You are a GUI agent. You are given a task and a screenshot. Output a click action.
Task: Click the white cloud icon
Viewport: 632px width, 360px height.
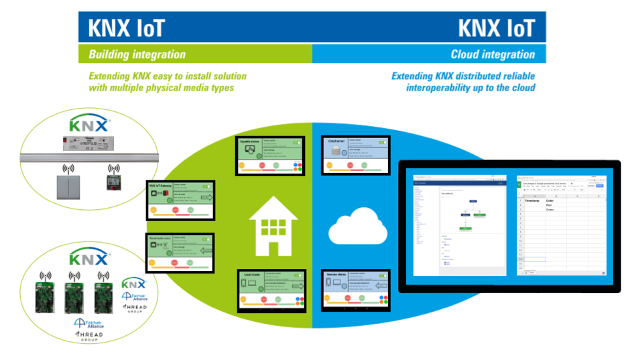(357, 226)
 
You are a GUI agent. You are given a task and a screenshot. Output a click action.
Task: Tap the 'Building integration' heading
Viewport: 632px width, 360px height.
(137, 54)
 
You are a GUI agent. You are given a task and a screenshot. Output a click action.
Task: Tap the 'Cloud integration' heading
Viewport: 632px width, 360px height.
(493, 54)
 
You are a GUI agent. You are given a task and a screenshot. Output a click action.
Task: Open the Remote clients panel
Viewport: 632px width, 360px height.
(356, 290)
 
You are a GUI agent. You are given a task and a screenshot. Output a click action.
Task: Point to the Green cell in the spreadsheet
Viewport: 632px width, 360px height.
(550, 210)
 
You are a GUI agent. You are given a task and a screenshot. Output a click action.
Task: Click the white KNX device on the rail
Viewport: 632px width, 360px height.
(87, 144)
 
